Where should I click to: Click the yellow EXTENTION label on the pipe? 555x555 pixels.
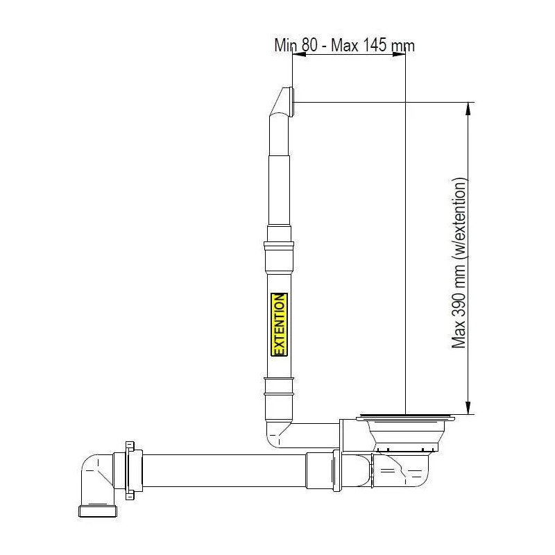pos(279,325)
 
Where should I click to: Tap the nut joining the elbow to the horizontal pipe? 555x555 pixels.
pos(130,470)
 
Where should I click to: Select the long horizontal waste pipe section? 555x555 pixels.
pos(222,468)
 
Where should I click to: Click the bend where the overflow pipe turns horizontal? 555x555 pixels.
pos(276,435)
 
